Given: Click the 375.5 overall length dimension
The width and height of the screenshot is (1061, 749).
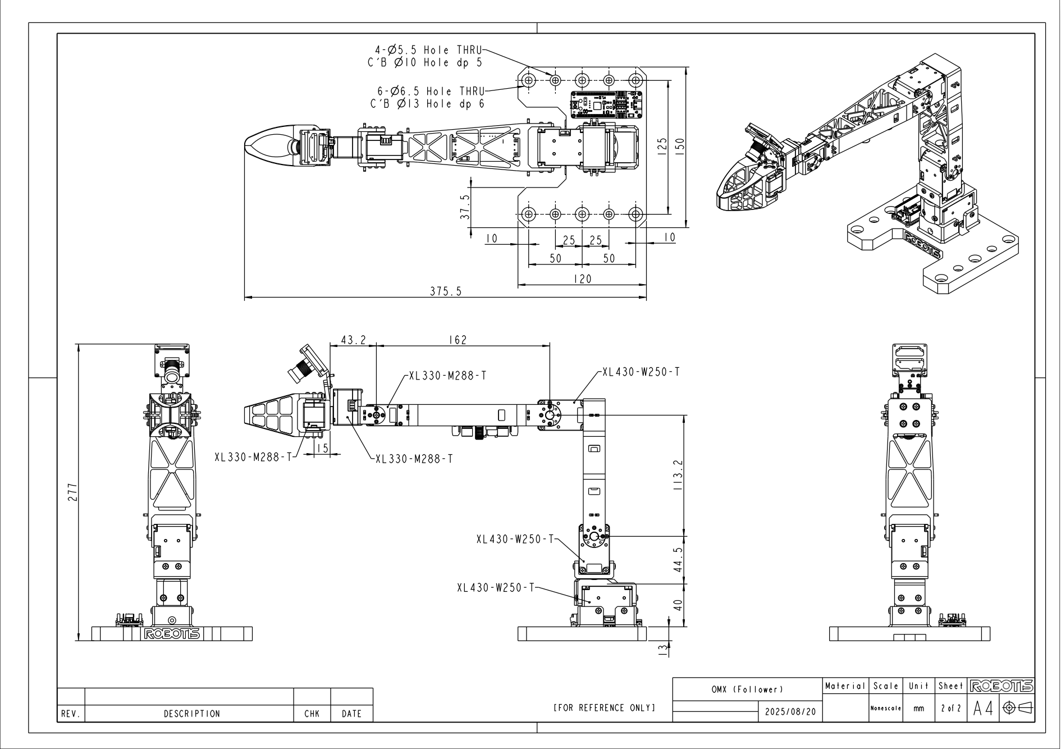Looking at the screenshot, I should pos(446,291).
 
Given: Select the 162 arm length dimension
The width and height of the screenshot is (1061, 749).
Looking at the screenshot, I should pos(458,340).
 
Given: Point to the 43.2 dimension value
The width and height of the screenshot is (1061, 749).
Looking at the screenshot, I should pos(353,340).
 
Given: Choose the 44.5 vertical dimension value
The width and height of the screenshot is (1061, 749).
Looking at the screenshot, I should pos(678,560).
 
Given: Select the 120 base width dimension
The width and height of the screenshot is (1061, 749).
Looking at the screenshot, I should pos(582,278).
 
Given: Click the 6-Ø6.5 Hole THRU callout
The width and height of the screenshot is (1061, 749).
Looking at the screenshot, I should pos(427,97).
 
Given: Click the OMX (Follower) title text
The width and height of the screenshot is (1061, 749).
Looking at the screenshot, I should pos(747,689).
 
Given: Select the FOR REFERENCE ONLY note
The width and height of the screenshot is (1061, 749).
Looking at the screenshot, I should pos(604,707).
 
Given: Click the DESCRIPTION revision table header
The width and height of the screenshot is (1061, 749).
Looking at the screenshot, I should pos(191,714).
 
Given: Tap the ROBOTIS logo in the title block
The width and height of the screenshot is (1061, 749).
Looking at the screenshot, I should pos(1001,686).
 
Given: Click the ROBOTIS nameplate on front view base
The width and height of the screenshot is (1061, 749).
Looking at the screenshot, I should pos(172,634).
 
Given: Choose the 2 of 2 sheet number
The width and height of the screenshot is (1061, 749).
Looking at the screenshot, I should pos(950,709).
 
